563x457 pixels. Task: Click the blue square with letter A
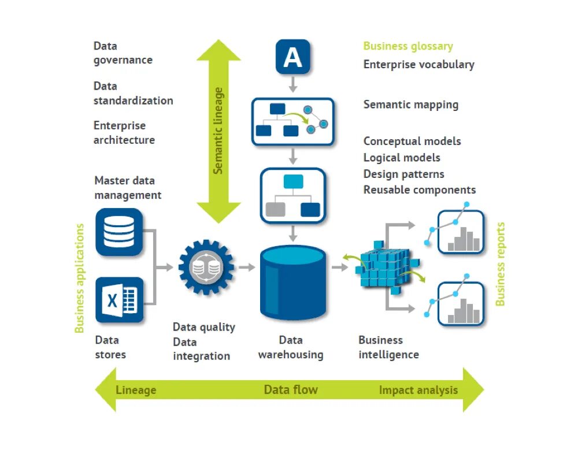292,57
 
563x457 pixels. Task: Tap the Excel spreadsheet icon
119,299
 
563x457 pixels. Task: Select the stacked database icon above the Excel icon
119,232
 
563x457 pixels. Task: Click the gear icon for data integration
206,267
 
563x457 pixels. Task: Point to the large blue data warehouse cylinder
293,283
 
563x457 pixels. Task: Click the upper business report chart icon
460,232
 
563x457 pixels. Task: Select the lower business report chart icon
460,303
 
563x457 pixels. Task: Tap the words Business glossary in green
408,46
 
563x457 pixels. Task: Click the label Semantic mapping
411,105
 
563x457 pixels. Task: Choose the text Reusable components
420,190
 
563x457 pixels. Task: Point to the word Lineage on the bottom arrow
136,390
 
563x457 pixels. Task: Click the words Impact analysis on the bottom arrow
418,390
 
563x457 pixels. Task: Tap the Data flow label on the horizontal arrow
291,389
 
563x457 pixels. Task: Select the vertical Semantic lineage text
218,131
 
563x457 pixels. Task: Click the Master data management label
128,188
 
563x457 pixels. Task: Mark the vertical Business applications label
80,278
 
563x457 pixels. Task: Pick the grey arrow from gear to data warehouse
247,267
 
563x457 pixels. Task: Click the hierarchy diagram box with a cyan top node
293,195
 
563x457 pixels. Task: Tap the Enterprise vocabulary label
418,64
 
